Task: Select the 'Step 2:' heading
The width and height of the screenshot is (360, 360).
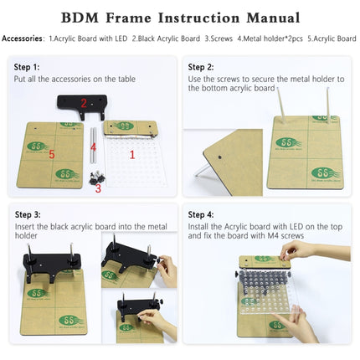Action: pos(203,67)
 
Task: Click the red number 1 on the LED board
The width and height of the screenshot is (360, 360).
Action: pos(131,154)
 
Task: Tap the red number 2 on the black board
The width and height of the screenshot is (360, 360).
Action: pos(83,105)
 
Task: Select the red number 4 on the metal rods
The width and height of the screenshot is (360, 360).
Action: pos(94,147)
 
